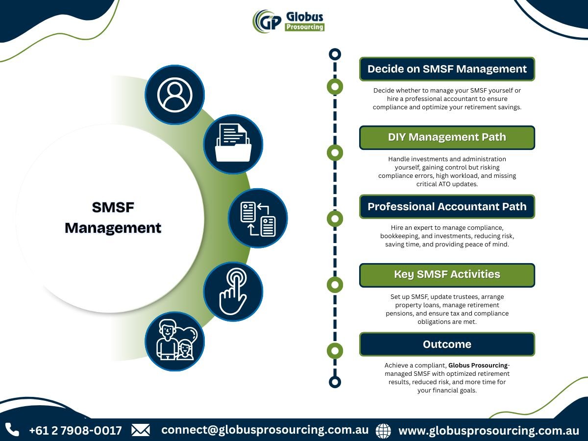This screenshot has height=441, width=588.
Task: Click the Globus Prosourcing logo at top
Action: (x=289, y=22)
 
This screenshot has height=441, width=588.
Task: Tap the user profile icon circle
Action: (x=174, y=95)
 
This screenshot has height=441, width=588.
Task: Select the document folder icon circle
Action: (x=233, y=145)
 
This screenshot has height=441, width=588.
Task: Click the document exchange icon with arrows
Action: (x=258, y=218)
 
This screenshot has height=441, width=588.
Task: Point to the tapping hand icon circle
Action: (x=233, y=292)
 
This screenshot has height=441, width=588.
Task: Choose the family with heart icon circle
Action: (x=174, y=342)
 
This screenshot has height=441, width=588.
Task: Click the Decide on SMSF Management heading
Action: (x=447, y=69)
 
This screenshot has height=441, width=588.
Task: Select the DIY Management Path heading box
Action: (x=447, y=138)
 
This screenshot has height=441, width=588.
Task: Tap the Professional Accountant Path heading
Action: (x=447, y=207)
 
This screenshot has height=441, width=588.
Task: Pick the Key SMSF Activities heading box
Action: (x=447, y=275)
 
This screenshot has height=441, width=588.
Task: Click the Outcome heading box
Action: (x=447, y=344)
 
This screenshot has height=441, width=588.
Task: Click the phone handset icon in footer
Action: (x=12, y=430)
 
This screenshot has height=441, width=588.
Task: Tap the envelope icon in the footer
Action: (x=141, y=430)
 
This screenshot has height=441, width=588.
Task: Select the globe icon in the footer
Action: (x=383, y=431)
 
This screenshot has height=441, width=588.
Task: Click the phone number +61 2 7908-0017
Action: (x=75, y=431)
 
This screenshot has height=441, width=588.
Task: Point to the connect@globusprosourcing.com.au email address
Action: (x=265, y=430)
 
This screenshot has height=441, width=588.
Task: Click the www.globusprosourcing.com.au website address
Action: (x=489, y=431)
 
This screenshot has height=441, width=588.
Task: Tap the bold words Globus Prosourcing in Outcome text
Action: (x=478, y=365)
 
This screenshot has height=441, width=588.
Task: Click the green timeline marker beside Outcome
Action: (x=335, y=351)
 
